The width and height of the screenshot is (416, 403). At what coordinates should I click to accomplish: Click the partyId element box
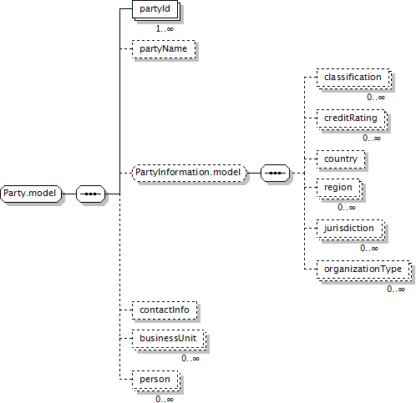pyautogui.click(x=156, y=10)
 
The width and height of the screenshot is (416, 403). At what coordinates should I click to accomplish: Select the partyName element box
pyautogui.click(x=164, y=49)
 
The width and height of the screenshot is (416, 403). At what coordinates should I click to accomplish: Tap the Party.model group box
pyautogui.click(x=31, y=194)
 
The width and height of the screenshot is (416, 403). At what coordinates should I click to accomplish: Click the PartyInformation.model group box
pyautogui.click(x=190, y=173)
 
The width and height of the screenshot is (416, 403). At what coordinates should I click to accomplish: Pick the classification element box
pyautogui.click(x=354, y=78)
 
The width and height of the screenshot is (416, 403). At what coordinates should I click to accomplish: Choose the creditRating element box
pyautogui.click(x=352, y=119)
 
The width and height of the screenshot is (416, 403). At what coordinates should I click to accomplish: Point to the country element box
pyautogui.click(x=341, y=159)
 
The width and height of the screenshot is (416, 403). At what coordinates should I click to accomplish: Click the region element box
pyautogui.click(x=339, y=189)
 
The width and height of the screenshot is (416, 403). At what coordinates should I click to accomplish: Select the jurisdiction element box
pyautogui.click(x=351, y=229)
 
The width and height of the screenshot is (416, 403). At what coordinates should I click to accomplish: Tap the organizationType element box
pyautogui.click(x=364, y=270)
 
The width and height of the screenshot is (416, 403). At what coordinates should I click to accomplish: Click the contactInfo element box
pyautogui.click(x=165, y=310)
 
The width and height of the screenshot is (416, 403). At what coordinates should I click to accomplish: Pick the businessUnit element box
pyautogui.click(x=169, y=340)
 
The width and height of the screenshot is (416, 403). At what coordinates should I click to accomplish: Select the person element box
pyautogui.click(x=156, y=380)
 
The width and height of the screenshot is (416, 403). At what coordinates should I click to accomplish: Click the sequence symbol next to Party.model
pyautogui.click(x=91, y=194)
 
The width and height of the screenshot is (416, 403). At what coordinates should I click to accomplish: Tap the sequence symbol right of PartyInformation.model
pyautogui.click(x=275, y=173)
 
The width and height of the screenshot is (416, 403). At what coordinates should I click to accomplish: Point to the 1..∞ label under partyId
pyautogui.click(x=165, y=28)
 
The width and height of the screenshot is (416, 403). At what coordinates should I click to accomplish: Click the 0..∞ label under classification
pyautogui.click(x=376, y=97)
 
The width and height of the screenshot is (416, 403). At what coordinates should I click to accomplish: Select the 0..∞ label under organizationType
pyautogui.click(x=396, y=289)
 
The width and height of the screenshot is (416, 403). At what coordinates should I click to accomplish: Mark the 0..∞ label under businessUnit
pyautogui.click(x=190, y=358)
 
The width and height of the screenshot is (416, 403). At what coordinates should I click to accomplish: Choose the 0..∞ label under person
pyautogui.click(x=165, y=399)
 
